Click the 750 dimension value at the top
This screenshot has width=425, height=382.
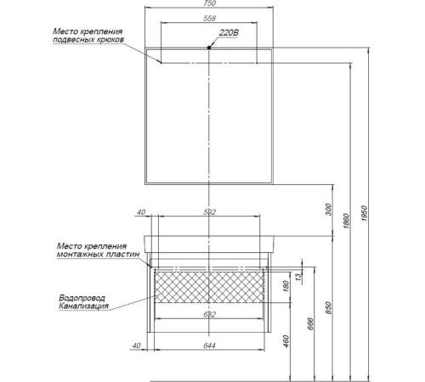(209, 3)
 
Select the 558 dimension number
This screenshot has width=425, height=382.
(209, 19)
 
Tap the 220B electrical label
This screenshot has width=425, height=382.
(229, 33)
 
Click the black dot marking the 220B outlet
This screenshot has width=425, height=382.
(209, 48)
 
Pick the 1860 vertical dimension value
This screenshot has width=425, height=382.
(346, 221)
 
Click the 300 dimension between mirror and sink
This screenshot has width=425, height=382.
(328, 210)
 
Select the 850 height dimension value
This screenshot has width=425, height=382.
(328, 307)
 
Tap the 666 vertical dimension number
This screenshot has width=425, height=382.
(310, 323)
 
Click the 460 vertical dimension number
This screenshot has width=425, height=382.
(286, 341)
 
